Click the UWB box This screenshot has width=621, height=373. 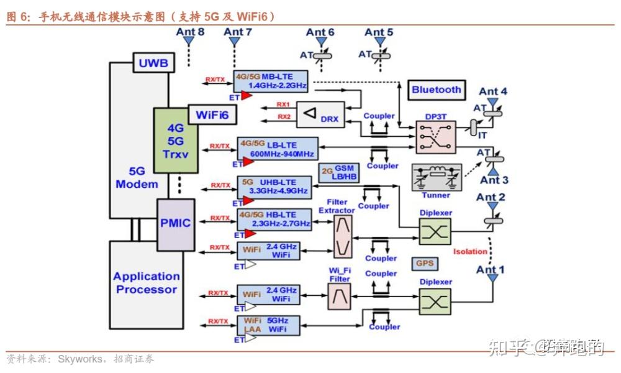(153, 63)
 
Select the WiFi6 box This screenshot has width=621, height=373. (212, 115)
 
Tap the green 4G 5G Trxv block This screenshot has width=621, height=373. (176, 140)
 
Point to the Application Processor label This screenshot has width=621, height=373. (147, 283)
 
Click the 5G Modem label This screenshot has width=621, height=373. (137, 178)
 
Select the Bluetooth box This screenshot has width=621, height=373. (436, 90)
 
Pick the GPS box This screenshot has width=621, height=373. (425, 264)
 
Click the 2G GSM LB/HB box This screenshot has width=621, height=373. (339, 173)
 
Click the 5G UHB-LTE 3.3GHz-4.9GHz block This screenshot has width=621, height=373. (273, 186)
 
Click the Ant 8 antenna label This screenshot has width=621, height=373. (190, 32)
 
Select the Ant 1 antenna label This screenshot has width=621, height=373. (491, 270)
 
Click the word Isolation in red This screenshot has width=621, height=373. (469, 252)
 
